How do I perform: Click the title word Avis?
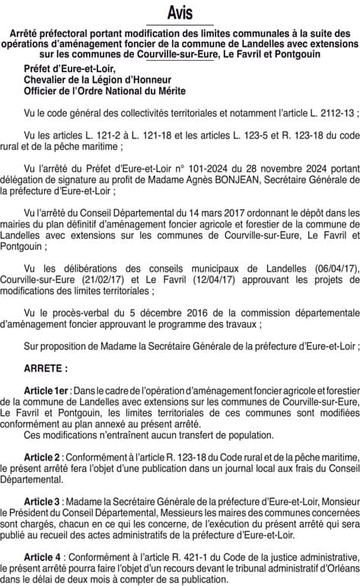pyautogui.click(x=180, y=13)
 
